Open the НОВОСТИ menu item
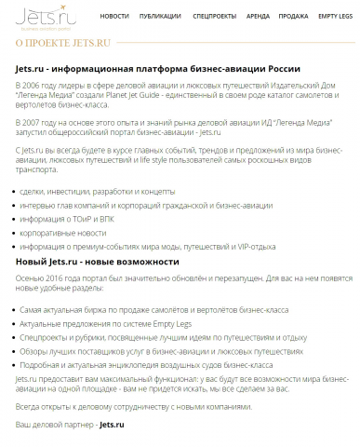pos(114,16)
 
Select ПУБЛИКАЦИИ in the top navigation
pos(161,16)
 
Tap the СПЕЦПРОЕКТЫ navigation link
pos(214,16)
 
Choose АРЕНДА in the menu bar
pos(258,16)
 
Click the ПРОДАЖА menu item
pos(293,16)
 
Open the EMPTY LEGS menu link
pos(335,16)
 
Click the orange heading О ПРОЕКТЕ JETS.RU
pos(62,43)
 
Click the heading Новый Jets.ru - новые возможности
pos(102,260)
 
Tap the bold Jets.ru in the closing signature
pos(111,424)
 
